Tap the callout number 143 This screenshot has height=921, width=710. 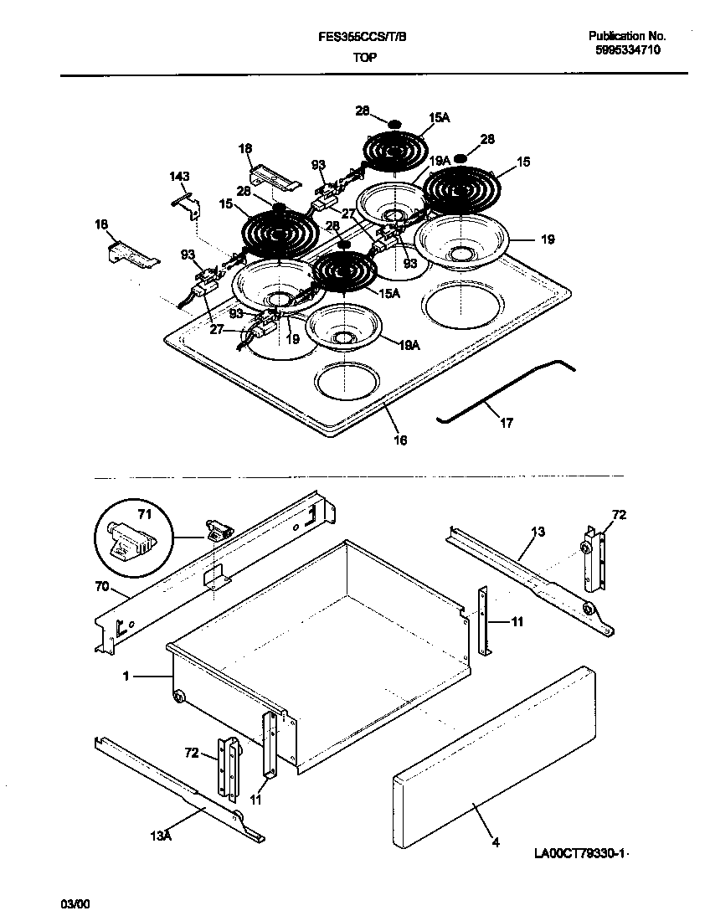tap(179, 177)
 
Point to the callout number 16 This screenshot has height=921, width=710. tap(400, 440)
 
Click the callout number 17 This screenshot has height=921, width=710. tap(506, 424)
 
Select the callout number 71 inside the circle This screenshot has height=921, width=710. tap(145, 514)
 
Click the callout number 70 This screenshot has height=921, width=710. tap(102, 588)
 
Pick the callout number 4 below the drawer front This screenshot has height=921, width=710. tap(496, 842)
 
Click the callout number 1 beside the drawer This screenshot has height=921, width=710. tap(126, 676)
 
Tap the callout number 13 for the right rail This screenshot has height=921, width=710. tap(538, 532)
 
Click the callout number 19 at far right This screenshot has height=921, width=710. tap(548, 239)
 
